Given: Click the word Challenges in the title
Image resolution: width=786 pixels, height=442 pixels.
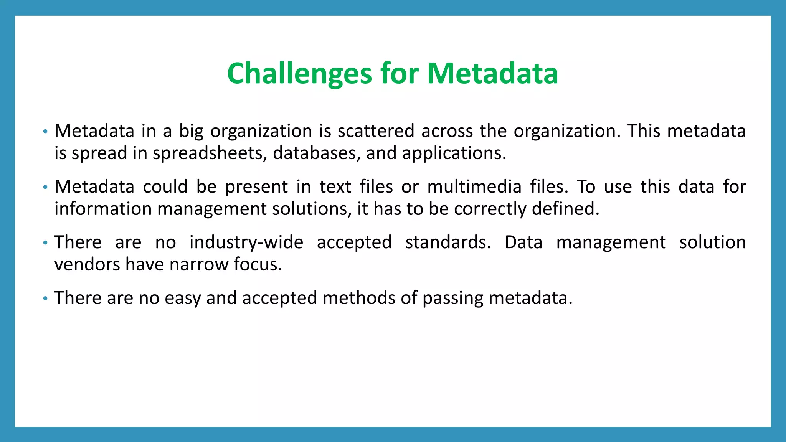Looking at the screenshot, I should (x=299, y=73).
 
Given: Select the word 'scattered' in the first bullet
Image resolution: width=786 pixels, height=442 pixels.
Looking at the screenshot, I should (x=376, y=131).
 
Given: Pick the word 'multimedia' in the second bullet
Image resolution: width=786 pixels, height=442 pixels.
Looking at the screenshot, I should (x=474, y=187).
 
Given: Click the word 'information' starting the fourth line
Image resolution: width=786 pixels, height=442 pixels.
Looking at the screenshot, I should (x=103, y=209).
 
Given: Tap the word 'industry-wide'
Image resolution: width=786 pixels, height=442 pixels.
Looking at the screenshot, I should (x=246, y=242).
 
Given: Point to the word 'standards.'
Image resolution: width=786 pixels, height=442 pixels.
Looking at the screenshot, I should (x=448, y=242).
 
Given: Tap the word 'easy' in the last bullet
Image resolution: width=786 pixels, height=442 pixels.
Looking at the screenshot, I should (x=183, y=299).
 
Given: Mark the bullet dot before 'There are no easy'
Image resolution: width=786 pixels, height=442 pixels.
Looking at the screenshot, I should (x=45, y=299).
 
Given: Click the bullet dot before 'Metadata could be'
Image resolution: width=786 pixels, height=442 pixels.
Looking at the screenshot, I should (x=45, y=187).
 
